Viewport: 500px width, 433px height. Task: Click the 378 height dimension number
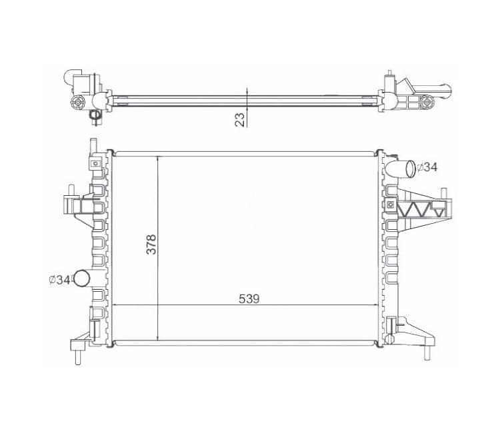[x=151, y=244]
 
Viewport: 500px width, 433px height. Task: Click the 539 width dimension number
[x=249, y=299]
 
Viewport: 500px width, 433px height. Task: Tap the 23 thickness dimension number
[x=240, y=120]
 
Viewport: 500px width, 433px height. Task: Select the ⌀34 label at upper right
[x=427, y=167]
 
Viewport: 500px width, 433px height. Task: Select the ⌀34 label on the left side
[x=59, y=280]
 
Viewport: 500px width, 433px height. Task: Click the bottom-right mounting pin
[x=427, y=353]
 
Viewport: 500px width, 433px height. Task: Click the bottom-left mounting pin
[x=77, y=358]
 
